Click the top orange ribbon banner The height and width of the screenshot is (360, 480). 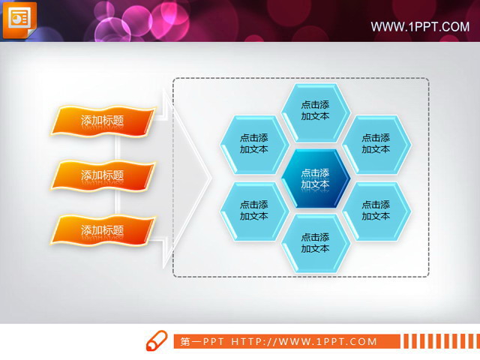pos(103,121)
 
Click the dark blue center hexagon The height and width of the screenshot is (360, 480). pos(316,178)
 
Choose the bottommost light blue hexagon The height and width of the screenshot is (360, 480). pos(316,241)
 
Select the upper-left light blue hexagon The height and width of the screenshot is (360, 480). pos(254,143)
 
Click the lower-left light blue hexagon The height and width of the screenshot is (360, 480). pos(254,210)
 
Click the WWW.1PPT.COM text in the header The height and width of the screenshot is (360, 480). pos(420,27)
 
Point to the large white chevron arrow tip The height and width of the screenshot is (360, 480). pos(211,178)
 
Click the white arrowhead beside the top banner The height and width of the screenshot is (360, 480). pos(168,108)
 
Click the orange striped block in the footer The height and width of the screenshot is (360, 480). pos(439,342)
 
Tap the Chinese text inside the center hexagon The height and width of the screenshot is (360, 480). pos(316,178)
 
